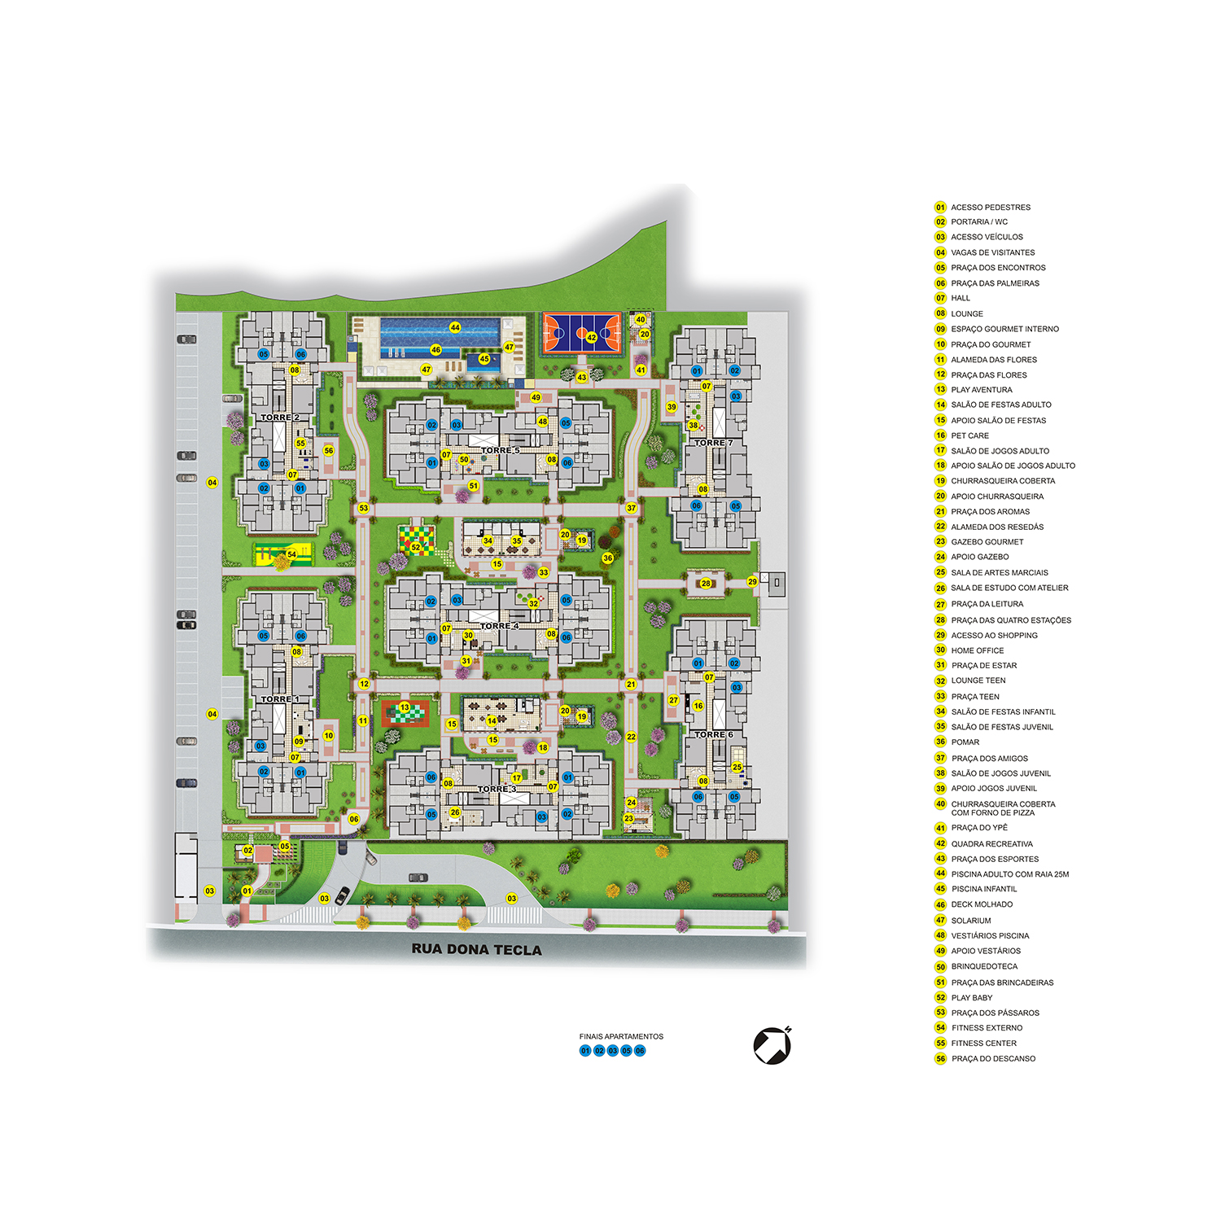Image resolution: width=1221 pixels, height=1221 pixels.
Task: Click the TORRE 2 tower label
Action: [x=280, y=418]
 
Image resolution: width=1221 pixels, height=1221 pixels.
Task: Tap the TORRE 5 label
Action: [x=500, y=450]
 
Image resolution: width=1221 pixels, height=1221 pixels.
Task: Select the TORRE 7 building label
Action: [x=713, y=443]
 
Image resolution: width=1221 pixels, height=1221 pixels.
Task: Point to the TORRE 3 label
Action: [x=497, y=789]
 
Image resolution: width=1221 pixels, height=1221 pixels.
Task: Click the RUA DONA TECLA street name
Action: [x=476, y=950]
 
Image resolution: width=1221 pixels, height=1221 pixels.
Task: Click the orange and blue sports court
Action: [x=582, y=333]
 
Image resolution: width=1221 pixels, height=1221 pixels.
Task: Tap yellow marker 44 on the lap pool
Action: [x=455, y=327]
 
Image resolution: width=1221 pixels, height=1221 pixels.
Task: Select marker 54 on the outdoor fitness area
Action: [x=291, y=554]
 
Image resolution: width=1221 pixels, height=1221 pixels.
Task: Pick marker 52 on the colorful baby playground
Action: [x=416, y=547]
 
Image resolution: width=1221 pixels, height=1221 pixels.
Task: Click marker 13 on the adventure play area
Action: [x=405, y=707]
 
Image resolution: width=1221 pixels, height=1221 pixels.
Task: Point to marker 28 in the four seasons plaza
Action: [x=706, y=583]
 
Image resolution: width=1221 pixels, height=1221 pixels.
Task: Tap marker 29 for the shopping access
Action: [x=752, y=581]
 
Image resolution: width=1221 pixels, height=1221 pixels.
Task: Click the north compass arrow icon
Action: [x=772, y=1045]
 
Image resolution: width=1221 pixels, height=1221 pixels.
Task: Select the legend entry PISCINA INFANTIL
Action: [x=984, y=889]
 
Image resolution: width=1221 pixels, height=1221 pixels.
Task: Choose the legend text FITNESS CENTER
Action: [x=983, y=1043]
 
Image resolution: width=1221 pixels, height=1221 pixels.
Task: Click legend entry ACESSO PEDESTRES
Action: [x=991, y=208]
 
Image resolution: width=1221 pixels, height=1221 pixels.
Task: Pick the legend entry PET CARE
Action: [x=970, y=435]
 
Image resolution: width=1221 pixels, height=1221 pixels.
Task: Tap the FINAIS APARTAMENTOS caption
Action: [x=621, y=1036]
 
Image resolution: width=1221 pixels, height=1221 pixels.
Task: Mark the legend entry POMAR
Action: [x=965, y=742]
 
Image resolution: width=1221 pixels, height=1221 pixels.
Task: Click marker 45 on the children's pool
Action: [x=484, y=359]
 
